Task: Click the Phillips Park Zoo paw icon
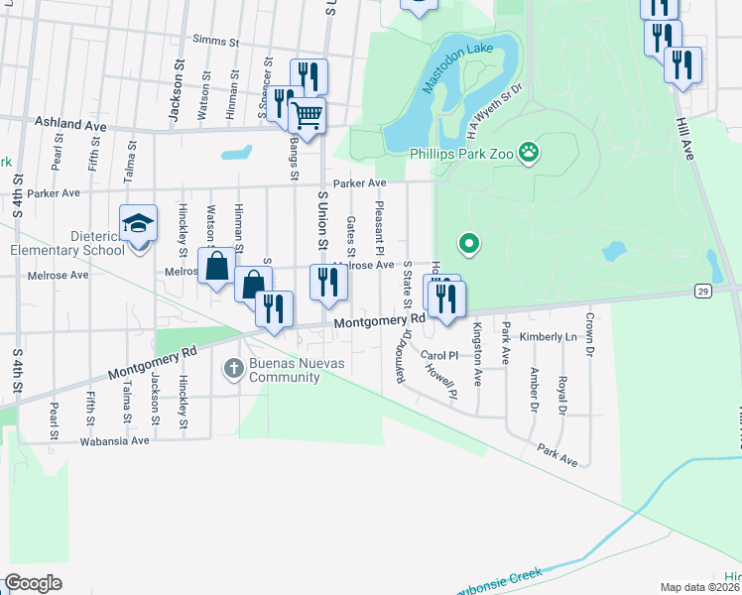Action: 531,153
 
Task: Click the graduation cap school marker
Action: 138,223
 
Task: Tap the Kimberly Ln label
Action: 548,337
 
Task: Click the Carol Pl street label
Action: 438,355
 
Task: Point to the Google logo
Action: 34,582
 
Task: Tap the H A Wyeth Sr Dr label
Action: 492,106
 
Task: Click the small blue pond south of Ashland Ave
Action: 236,154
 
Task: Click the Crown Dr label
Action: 589,335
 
